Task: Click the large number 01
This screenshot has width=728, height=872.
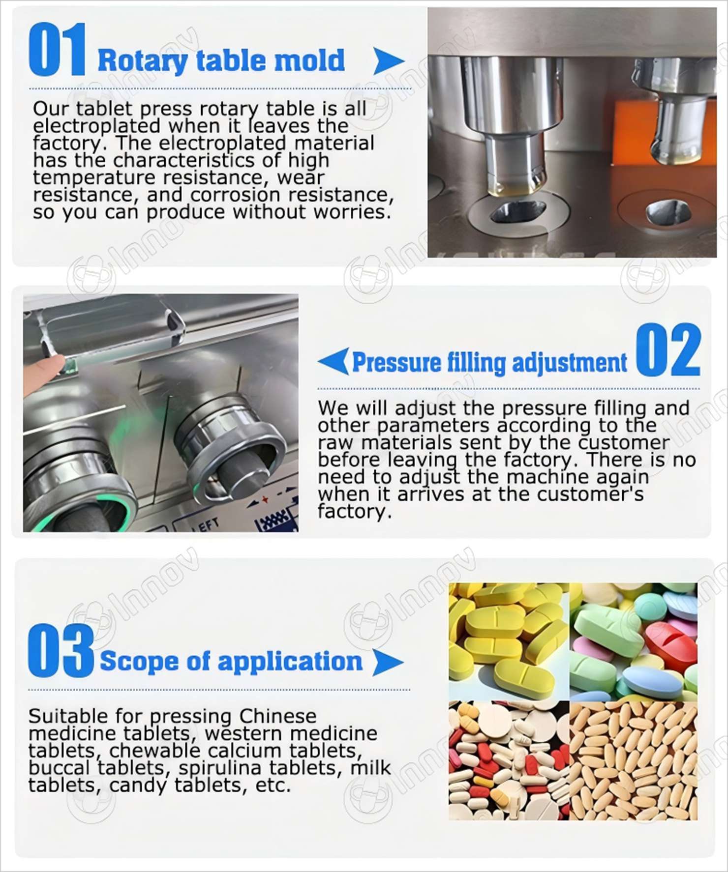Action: pyautogui.click(x=57, y=51)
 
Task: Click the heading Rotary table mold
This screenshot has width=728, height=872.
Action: pyautogui.click(x=221, y=60)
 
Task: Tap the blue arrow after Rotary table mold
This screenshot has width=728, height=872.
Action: pyautogui.click(x=389, y=61)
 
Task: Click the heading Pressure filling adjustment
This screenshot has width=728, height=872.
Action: pyautogui.click(x=490, y=362)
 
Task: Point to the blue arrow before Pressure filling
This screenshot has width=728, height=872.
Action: pyautogui.click(x=334, y=361)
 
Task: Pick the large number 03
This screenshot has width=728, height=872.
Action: pyautogui.click(x=61, y=650)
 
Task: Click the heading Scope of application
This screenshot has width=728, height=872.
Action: pyautogui.click(x=231, y=661)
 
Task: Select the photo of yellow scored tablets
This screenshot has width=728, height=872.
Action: pyautogui.click(x=509, y=641)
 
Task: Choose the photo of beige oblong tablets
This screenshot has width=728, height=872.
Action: pyautogui.click(x=634, y=760)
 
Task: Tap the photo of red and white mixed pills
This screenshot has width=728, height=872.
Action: pyautogui.click(x=509, y=760)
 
